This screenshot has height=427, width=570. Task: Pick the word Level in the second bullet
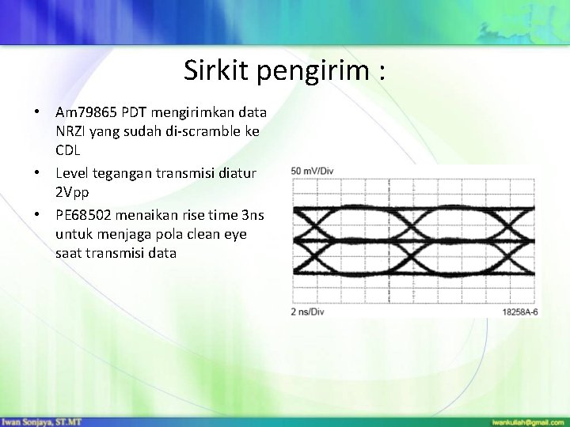73,172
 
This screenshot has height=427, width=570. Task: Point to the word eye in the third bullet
236,233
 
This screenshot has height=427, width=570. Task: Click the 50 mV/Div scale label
313,171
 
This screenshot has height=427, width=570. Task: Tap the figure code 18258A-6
520,312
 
